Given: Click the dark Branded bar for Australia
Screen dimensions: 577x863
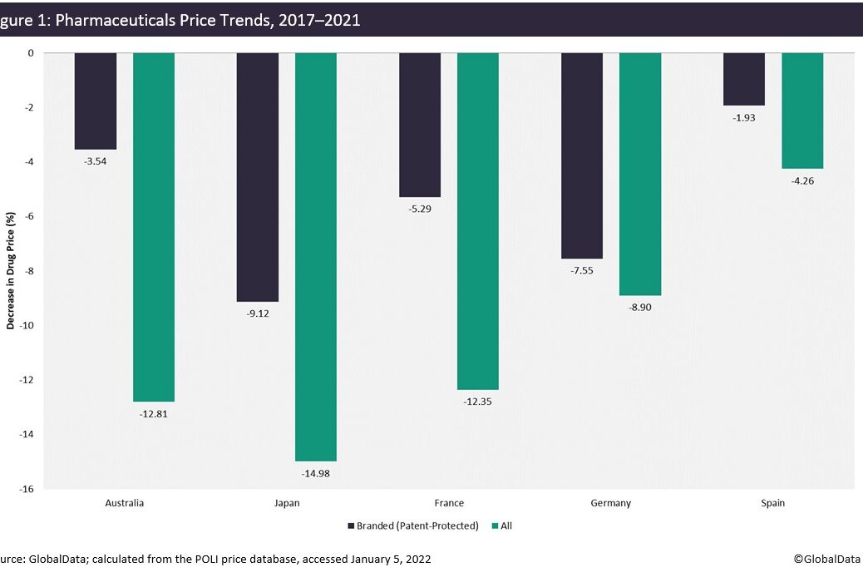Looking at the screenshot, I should point(96,101).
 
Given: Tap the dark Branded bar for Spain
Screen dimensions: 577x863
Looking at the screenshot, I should point(743,79).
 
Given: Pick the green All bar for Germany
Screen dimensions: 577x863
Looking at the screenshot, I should point(640,174).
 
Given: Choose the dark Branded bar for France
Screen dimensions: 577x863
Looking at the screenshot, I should point(420,125).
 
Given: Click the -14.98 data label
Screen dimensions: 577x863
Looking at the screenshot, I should point(316,474).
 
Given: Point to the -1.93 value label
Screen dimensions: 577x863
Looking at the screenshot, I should point(743,118).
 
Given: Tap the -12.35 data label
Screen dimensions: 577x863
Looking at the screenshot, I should point(478,402).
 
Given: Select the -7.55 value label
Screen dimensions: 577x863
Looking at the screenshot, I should point(582,271).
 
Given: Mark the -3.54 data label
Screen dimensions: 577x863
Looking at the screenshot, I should point(96,161).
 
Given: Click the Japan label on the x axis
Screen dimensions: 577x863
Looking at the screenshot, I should point(287,503).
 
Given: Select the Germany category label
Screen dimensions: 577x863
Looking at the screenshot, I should point(611,503).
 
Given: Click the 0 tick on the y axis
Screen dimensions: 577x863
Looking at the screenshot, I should point(31,53).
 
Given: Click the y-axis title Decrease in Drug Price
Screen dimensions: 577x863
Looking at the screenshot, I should point(11,271).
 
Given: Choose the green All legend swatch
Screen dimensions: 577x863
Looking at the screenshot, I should point(496,525).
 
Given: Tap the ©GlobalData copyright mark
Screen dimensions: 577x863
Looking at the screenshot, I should point(826,560).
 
